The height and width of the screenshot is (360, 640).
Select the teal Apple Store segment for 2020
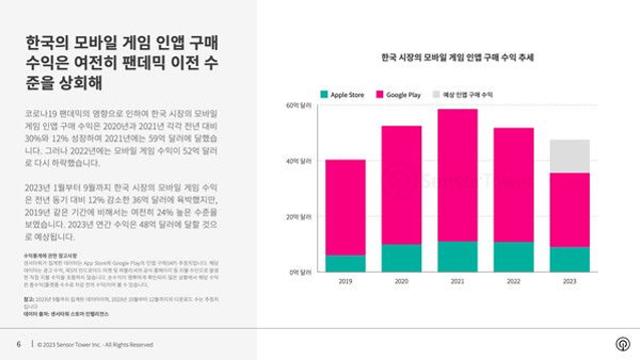[x=401, y=258]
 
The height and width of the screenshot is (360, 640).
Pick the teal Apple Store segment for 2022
[x=513, y=257]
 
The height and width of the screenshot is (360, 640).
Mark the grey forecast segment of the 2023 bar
[x=569, y=155]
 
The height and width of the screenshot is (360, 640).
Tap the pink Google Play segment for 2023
[x=569, y=209]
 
